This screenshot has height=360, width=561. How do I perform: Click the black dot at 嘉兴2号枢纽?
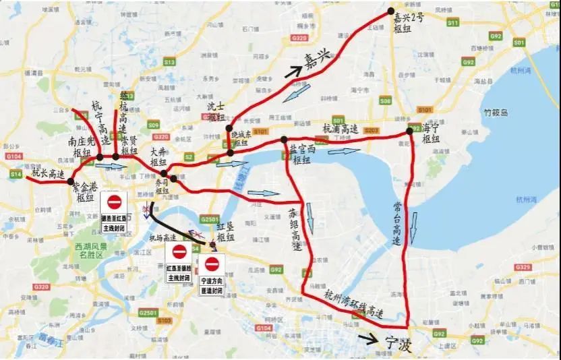(390, 11)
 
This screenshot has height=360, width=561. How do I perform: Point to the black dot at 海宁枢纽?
(409, 131)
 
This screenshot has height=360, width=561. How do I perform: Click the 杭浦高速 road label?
(340, 128)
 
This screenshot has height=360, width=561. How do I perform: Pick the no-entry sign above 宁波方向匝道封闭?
(212, 264)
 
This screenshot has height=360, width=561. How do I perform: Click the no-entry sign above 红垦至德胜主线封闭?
(179, 251)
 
